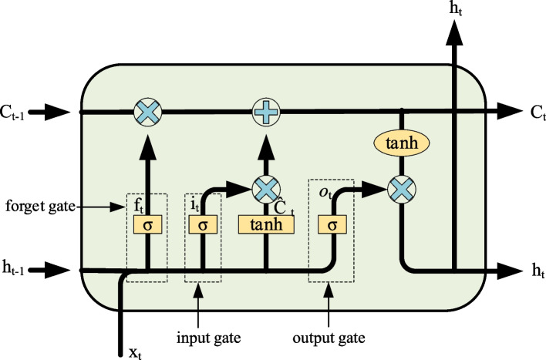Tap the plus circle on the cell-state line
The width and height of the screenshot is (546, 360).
coord(265,113)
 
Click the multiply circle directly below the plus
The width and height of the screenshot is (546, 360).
coord(265,186)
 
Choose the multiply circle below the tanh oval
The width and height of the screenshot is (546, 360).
coord(401,186)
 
